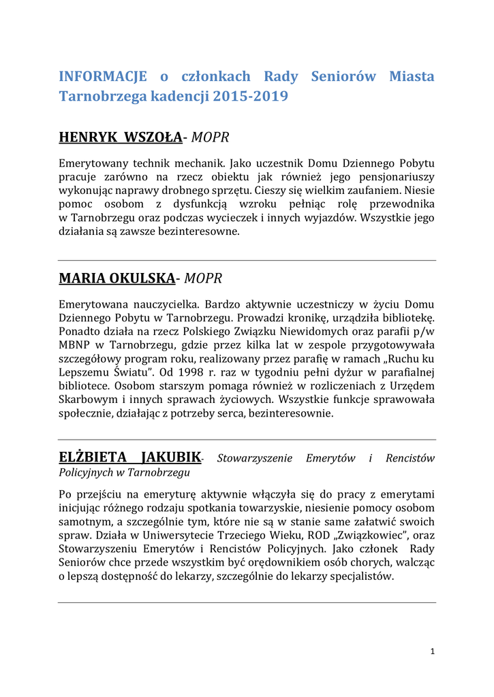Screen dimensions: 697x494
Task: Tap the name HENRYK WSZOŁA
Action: [x=121, y=138]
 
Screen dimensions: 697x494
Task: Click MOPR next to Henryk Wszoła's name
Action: [x=210, y=138]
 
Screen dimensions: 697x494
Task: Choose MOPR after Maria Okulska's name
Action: [x=203, y=278]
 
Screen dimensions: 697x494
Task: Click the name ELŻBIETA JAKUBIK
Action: [x=130, y=457]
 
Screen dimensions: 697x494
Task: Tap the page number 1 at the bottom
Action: [x=432, y=651]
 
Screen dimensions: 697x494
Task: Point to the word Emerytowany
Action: [x=93, y=164]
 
